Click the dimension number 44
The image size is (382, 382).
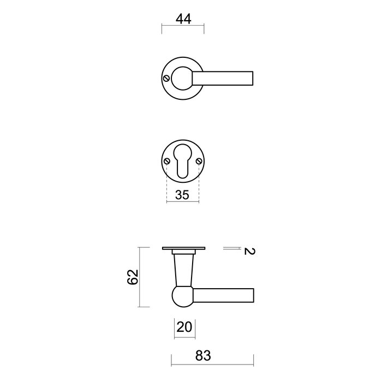tap(183, 19)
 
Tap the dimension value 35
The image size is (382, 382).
tap(182, 195)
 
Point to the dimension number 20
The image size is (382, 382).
tap(185, 327)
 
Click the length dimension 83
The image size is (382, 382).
tap(202, 356)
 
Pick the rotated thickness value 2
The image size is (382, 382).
tap(248, 252)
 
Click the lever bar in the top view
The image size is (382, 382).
tap(226, 78)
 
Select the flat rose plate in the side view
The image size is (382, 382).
tap(183, 249)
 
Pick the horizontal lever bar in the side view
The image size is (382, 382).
tap(224, 295)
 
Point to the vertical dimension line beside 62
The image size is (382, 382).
tap(141, 277)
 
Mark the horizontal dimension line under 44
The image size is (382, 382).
tap(183, 26)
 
